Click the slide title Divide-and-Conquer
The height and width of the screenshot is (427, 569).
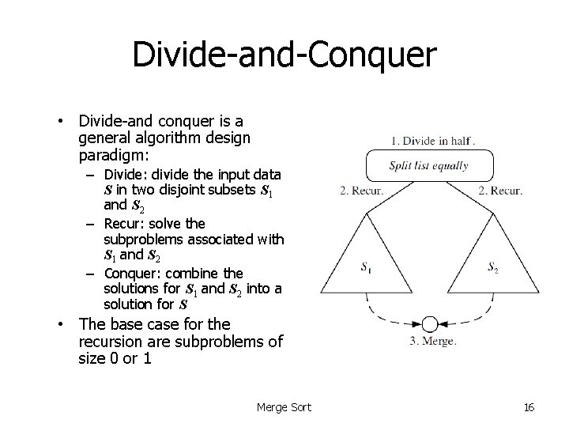(284, 55)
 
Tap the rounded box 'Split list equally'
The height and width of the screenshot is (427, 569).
(428, 166)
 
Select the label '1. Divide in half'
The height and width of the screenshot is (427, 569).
(433, 142)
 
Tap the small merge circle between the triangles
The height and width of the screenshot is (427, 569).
(429, 324)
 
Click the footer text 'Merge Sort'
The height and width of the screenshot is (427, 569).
(284, 407)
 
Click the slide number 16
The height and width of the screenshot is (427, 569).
(529, 407)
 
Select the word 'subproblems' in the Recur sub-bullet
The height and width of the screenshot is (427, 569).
(141, 239)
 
